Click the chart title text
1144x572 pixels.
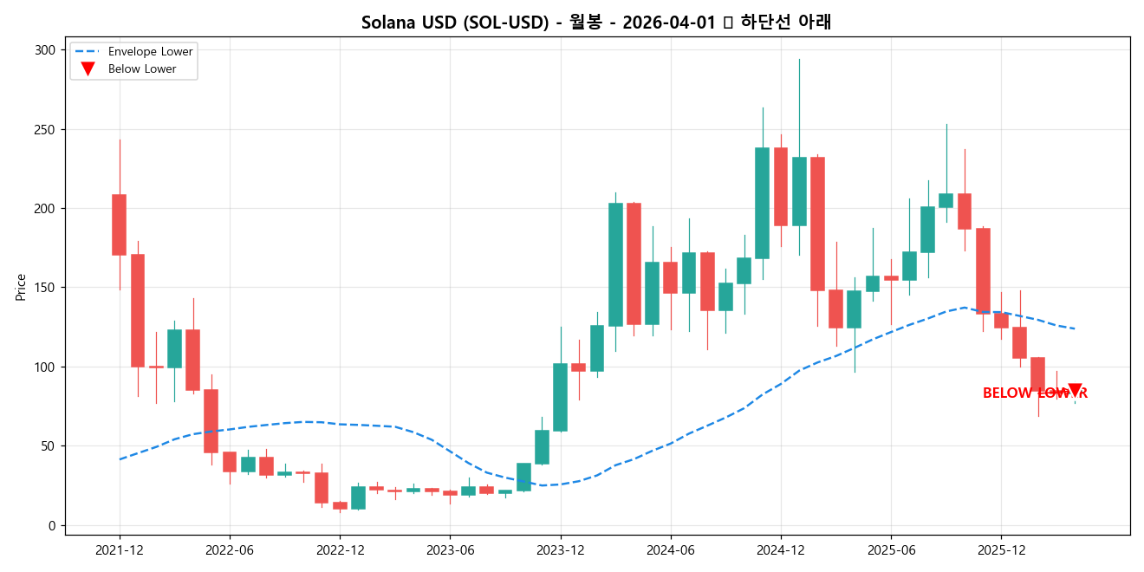pos(596,23)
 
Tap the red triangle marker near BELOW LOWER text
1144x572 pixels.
pos(1075,390)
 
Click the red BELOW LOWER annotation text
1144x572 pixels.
pos(1034,393)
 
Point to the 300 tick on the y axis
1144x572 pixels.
pos(45,50)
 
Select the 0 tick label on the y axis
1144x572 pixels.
pos(52,525)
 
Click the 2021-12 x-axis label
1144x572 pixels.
pos(120,550)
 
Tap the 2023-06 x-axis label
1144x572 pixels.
pos(450,550)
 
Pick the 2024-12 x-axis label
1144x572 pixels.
pos(781,550)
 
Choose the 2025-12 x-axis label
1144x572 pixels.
pos(1001,550)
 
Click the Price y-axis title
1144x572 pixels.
pos(21,287)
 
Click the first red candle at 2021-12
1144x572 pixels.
pos(120,224)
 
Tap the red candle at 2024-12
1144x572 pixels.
pos(781,186)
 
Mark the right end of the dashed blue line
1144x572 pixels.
pos(1075,328)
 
